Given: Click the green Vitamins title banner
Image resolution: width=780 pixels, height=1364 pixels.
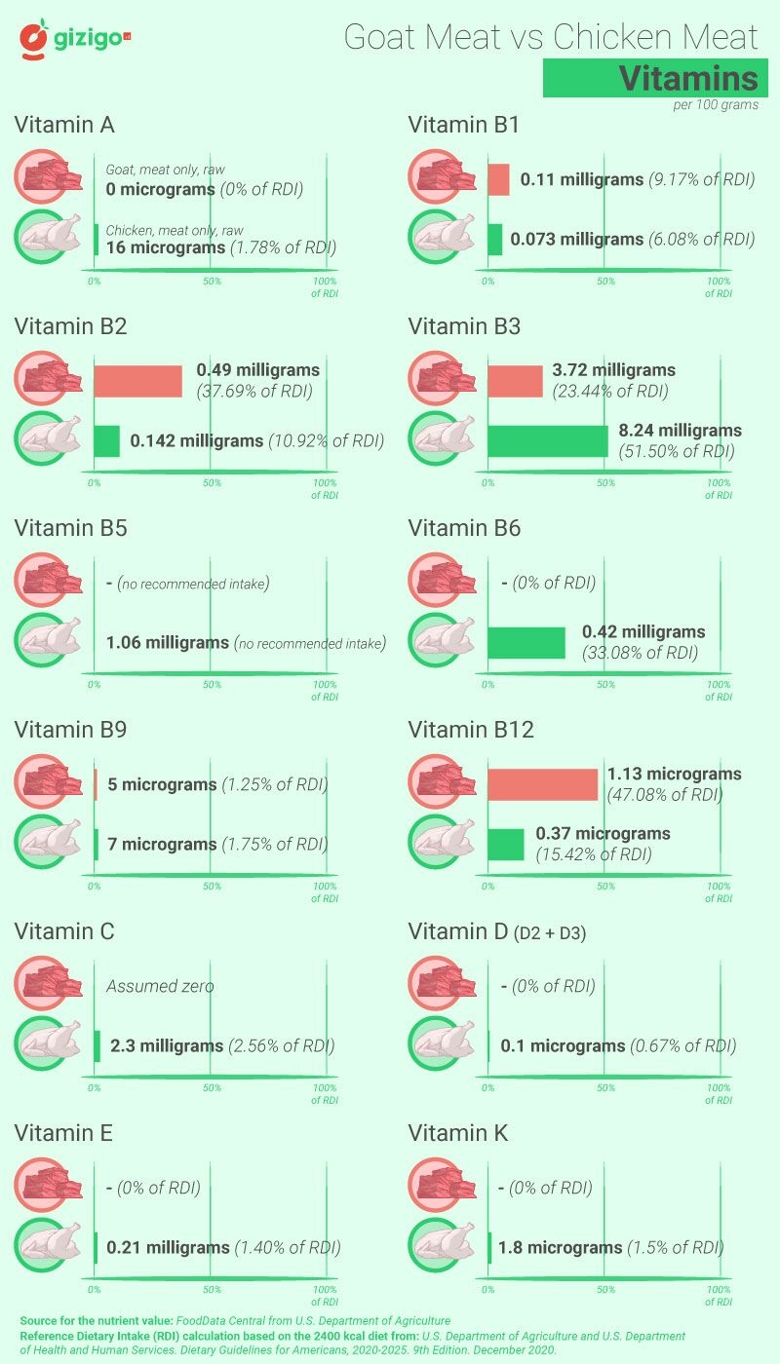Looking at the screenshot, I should (650, 78).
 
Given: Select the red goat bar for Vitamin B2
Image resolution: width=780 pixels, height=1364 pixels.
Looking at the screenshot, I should (137, 381).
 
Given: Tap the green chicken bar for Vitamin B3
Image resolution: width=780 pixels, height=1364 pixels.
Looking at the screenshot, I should (547, 440).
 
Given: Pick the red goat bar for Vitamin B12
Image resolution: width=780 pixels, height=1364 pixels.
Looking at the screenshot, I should (542, 784).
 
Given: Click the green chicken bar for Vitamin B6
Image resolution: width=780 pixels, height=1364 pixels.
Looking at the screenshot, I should (526, 643).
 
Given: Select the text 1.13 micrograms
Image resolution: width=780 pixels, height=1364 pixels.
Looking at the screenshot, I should (674, 775).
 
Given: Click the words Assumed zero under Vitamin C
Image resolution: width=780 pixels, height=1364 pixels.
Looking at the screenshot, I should (160, 986).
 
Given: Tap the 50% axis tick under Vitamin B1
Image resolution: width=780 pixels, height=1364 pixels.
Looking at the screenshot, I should (605, 282).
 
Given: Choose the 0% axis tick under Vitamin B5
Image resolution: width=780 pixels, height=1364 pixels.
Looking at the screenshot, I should (95, 685).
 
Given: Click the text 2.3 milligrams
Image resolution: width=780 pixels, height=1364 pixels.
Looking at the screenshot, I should (167, 1045).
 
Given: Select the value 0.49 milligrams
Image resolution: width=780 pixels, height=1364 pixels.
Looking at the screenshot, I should (257, 370).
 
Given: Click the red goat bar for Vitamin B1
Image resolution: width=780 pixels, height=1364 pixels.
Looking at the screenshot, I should (497, 180).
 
